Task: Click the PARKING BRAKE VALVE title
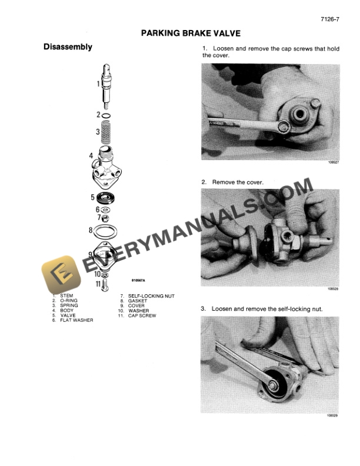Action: pos(191,34)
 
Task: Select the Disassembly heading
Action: pos(68,47)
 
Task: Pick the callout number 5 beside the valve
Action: pos(92,198)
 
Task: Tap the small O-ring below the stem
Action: pos(107,115)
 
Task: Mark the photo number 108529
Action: pos(334,416)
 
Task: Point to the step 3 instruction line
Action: pos(262,309)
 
